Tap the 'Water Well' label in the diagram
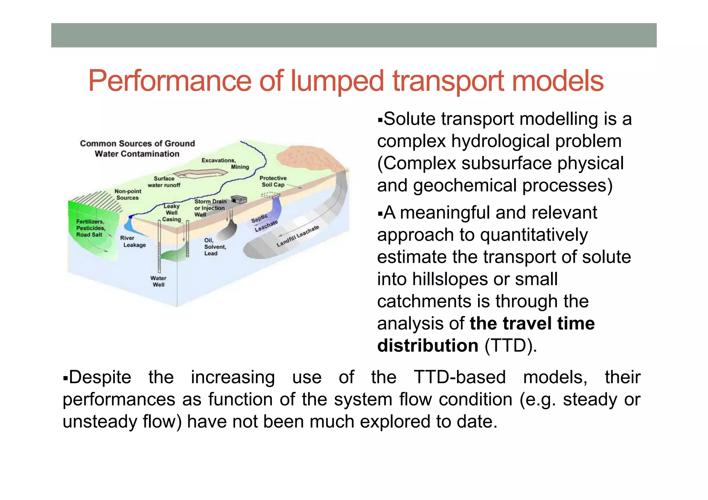pos(158,281)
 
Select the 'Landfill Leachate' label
pos(298,236)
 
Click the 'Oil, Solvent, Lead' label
pos(215,247)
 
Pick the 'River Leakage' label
pos(133,241)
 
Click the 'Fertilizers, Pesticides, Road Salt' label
pos(90,228)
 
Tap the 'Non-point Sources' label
pos(128,194)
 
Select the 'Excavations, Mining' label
pos(225,164)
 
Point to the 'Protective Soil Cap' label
pos(273,181)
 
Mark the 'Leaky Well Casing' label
pos(171,213)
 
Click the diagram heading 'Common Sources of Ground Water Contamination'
pos(137,148)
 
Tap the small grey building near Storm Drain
pos(239,200)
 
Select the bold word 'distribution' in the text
pos(428,346)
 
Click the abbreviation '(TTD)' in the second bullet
pos(511,346)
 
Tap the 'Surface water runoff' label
pos(164,182)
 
